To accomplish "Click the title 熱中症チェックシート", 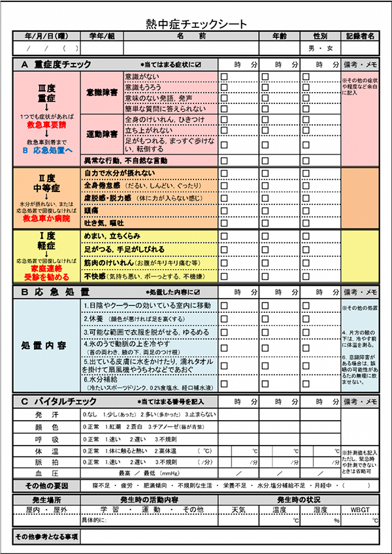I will click(x=197, y=24).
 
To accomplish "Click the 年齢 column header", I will click(x=279, y=37).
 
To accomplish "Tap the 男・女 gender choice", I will click(x=320, y=48).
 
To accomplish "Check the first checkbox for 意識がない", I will click(x=224, y=77).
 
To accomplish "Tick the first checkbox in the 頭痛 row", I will click(x=224, y=211).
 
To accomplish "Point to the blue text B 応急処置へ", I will click(x=45, y=149).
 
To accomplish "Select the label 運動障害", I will click(x=101, y=134).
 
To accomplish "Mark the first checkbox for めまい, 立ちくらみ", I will click(x=224, y=236).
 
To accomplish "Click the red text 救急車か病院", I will click(x=45, y=219).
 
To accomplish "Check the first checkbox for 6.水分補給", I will click(x=224, y=383).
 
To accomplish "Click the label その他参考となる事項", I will click(x=46, y=537).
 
